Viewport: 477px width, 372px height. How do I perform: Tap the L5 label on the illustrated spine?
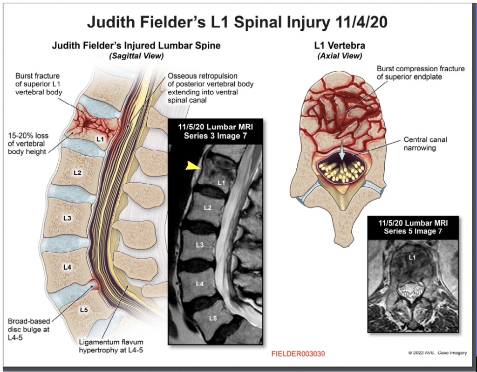(84, 309)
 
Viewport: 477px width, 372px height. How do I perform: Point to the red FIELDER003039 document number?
(298, 354)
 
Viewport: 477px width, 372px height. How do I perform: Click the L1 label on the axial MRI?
(412, 257)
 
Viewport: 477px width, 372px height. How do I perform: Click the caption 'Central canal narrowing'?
(425, 143)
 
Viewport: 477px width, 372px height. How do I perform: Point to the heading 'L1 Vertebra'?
(340, 46)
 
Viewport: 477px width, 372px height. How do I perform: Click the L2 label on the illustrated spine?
(78, 172)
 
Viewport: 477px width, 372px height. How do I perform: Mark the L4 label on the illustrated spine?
(67, 267)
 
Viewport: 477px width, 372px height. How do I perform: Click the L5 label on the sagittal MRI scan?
(213, 318)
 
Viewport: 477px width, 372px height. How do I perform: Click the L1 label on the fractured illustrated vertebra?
(100, 139)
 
